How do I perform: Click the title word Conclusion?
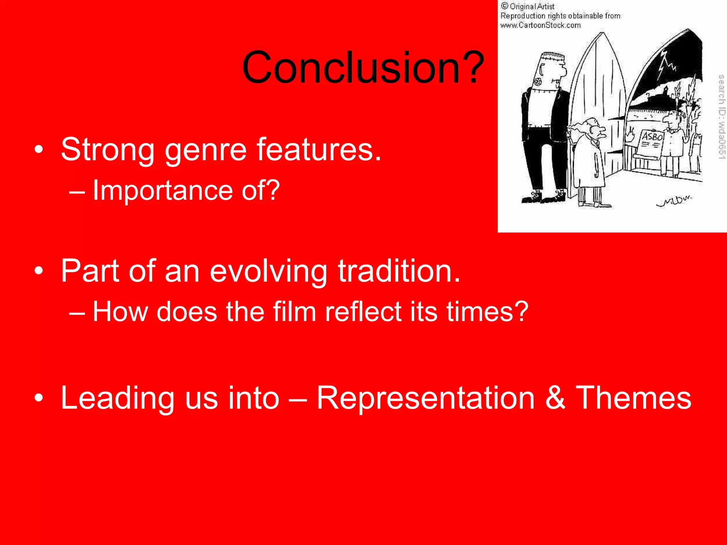click(363, 67)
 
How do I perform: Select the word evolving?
click(268, 271)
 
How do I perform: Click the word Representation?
click(425, 398)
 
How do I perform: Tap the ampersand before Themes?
click(555, 398)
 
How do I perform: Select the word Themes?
click(633, 398)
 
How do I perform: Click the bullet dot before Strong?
click(39, 150)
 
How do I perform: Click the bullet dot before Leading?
click(39, 398)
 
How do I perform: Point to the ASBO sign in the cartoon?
click(652, 137)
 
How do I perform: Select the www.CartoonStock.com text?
click(540, 25)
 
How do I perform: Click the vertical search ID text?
click(721, 117)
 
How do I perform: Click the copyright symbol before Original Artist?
click(504, 6)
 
